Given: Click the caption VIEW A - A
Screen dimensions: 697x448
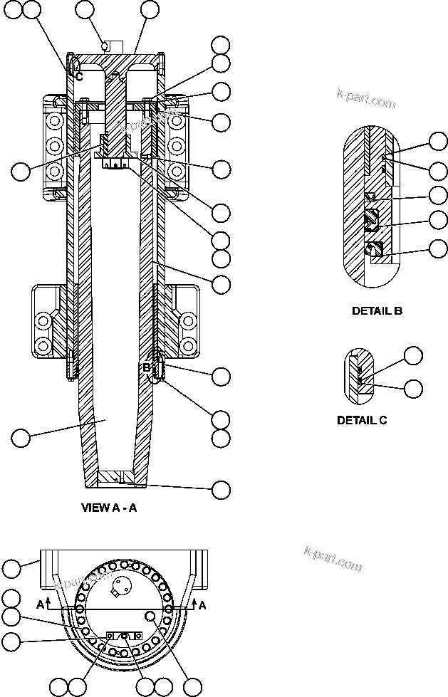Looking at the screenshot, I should (109, 508).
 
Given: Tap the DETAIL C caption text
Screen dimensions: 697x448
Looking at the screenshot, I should (361, 420).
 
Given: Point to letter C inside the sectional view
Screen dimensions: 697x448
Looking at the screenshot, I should (79, 75).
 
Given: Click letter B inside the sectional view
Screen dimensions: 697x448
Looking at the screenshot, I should (145, 367).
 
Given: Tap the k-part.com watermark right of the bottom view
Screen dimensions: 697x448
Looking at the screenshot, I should (333, 559).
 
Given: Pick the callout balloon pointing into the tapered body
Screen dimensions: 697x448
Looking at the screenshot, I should (21, 437).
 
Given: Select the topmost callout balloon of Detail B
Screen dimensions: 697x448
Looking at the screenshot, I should (439, 141).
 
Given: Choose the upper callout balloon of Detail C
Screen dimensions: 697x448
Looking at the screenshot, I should (413, 356).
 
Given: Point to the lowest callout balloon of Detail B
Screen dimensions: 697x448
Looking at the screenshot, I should (439, 248).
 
